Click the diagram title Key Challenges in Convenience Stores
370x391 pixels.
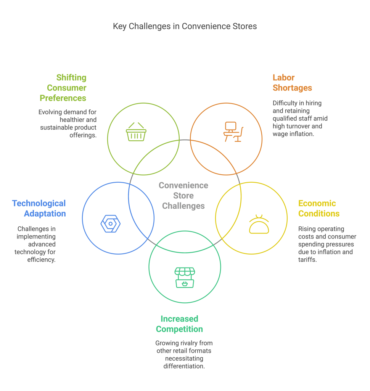tap(185, 26)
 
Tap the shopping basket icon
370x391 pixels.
tap(136, 132)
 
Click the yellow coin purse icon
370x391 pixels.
tap(259, 224)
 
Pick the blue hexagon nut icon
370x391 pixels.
tap(111, 224)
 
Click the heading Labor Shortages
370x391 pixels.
tap(292, 83)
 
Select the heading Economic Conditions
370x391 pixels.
tap(319, 208)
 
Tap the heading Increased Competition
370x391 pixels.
tap(179, 324)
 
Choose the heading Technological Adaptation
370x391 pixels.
tap(39, 208)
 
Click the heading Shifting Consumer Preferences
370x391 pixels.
tap(64, 88)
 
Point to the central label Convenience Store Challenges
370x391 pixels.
tap(183, 196)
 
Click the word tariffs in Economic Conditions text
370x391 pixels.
tap(307, 260)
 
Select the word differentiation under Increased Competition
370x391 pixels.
tap(184, 366)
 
